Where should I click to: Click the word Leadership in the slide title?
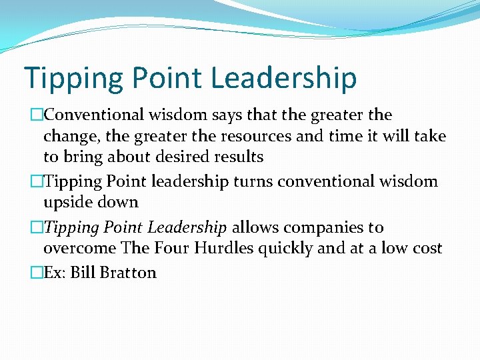[284, 77]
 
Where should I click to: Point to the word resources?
[252, 136]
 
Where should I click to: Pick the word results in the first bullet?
[237, 157]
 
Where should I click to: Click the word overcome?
[79, 248]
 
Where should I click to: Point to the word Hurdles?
[222, 248]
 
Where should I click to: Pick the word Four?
[171, 248]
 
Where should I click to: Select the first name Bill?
[84, 273]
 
